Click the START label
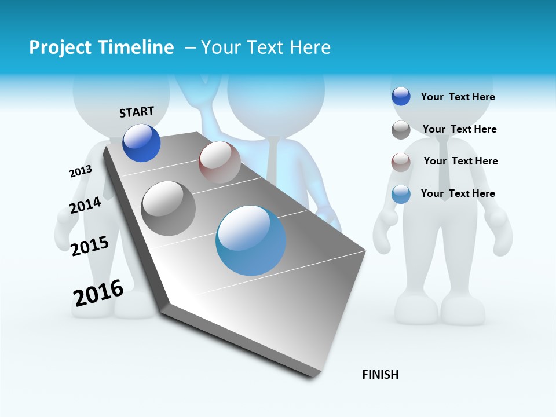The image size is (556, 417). point(137,112)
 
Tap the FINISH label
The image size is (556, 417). point(381,375)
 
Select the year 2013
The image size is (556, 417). point(81,171)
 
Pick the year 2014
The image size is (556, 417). point(85,206)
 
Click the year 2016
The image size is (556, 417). point(98,293)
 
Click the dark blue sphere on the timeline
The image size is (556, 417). point(141,142)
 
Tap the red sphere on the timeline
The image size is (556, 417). point(220,162)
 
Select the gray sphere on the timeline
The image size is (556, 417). point(169,209)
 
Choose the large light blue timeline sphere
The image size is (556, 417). point(251,240)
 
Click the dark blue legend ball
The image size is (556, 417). point(401,96)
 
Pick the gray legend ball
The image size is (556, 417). point(401,130)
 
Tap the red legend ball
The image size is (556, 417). point(401,162)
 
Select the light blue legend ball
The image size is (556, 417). point(401,194)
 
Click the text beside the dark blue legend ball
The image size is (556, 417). point(458,97)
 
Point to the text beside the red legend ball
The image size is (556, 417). point(460,161)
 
